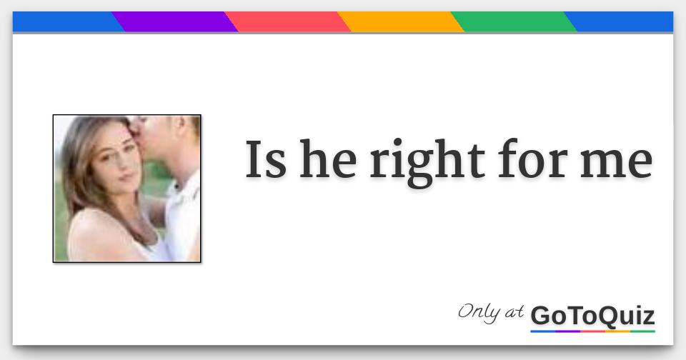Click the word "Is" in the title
pos(266,160)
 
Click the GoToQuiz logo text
pos(592,315)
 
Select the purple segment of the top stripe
pos(175,22)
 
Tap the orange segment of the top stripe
pos(400,22)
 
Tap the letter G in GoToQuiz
pos(541,315)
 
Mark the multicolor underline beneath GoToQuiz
pos(592,331)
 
